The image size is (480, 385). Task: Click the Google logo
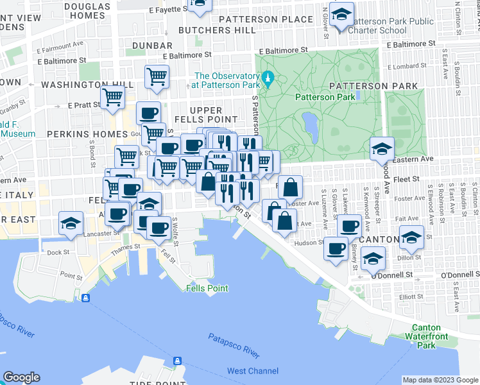pos(21,377)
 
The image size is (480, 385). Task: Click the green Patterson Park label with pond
pos(325,97)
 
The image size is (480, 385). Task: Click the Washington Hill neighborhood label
pos(87,85)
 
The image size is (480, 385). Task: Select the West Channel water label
pos(253,371)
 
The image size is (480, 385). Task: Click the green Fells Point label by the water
pos(207,288)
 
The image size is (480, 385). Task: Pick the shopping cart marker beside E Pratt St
pos(112,98)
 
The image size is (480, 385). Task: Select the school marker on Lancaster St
pos(71,222)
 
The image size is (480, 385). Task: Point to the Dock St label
pos(58,252)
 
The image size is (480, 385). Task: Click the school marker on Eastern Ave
pos(381,150)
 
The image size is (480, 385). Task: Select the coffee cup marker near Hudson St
pos(336,248)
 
